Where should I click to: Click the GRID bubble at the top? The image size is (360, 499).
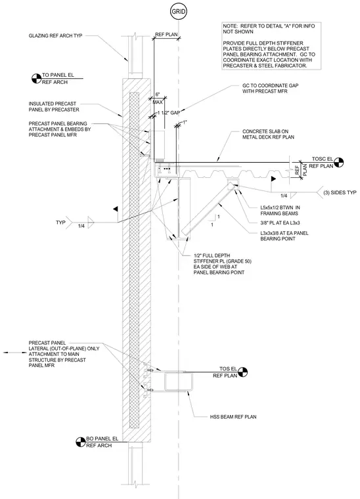coord(178,12)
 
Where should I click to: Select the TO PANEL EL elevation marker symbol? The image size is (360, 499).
coord(37,79)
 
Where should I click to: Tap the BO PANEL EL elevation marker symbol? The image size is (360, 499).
coord(81,442)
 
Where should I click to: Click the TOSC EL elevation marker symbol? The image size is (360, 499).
coord(339,162)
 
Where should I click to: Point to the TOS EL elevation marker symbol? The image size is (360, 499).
coord(242,372)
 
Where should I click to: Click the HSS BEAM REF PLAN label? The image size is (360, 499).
coord(233,416)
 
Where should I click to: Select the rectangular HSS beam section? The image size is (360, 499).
coord(179,382)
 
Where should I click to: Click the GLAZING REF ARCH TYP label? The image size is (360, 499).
coord(55,35)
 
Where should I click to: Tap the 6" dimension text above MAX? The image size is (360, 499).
coord(157,95)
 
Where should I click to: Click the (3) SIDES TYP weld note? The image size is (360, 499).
coord(340,192)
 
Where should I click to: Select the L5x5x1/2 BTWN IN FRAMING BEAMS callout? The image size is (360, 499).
coord(280,210)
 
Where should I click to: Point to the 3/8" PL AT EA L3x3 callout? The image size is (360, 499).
coord(280,223)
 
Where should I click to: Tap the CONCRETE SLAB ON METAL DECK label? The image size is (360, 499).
coord(268,135)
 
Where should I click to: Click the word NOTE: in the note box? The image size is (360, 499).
coord(230,26)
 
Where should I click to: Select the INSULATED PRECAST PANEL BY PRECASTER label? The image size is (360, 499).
coord(54,106)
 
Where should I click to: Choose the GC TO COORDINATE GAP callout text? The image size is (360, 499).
coord(270,89)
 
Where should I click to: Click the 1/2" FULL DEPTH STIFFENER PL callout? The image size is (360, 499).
coord(223,264)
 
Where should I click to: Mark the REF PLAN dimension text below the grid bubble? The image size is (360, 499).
coord(166,34)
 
